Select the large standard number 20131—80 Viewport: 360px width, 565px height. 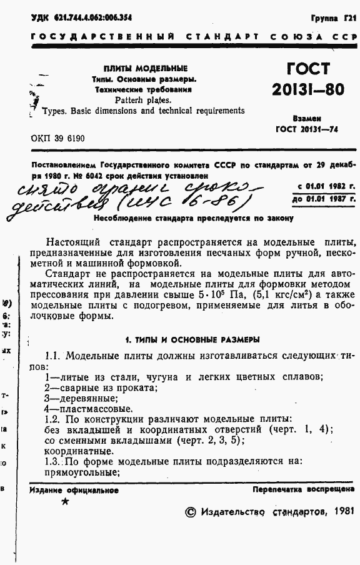pos(307,89)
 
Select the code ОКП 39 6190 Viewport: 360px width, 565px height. pos(57,138)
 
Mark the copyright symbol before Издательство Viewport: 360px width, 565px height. pos(191,512)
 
